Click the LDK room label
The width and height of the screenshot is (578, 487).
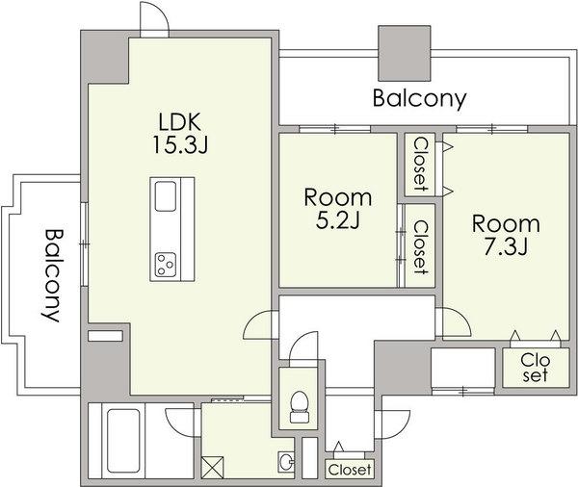tap(180, 122)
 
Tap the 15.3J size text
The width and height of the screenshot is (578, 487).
tap(180, 144)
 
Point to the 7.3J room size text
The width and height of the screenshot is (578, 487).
tap(506, 246)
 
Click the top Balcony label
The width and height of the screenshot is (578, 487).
tap(419, 99)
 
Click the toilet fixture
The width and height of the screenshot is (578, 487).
tap(300, 407)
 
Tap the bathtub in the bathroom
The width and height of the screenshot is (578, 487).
tap(123, 441)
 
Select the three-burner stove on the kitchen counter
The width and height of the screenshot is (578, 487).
tap(165, 265)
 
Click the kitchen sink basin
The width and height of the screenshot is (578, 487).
tap(165, 196)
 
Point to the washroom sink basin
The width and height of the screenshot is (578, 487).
tap(285, 462)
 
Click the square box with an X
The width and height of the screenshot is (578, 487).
tap(212, 468)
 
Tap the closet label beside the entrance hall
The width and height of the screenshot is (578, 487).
tap(350, 470)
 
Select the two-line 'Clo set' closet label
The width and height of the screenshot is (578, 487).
tap(536, 368)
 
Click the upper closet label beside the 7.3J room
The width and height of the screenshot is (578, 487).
tap(420, 164)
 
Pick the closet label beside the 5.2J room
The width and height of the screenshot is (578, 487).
tap(420, 247)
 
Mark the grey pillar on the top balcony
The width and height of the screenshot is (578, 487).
tap(405, 53)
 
